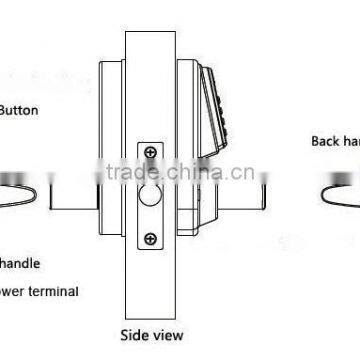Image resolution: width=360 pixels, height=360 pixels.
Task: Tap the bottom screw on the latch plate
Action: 149,238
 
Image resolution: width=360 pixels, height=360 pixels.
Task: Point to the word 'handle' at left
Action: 20,265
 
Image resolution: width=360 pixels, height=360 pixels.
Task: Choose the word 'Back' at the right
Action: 325,142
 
